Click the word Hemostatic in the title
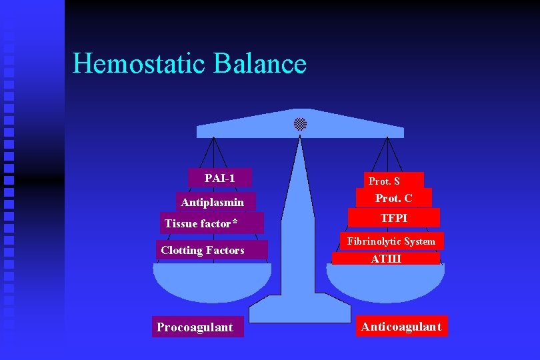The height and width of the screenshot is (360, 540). pos(140,64)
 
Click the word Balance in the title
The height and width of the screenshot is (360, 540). pos(261,64)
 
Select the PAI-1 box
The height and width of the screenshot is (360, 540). pos(219,178)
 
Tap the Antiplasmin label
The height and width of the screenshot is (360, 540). pos(213,202)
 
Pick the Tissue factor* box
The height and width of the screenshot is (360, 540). pos(211,223)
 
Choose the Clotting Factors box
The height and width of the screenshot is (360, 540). pos(213,250)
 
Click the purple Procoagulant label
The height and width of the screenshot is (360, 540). pos(197,327)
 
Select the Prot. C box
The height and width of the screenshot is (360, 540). pos(394,198)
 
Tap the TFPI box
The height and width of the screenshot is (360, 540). pos(394,218)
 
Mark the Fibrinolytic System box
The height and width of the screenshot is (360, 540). pos(391,241)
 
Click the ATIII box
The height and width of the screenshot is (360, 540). pos(386,259)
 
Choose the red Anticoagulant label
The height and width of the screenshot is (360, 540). pos(401,326)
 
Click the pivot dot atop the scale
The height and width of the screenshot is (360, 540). pos(301,124)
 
